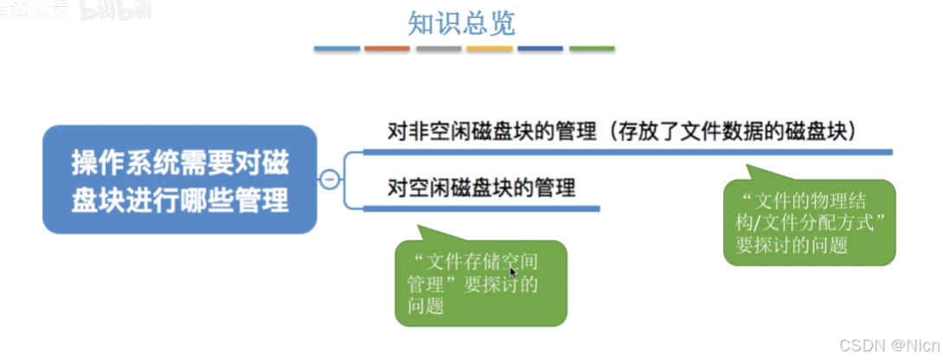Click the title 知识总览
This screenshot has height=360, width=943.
(x=465, y=23)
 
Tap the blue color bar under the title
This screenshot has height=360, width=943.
(x=337, y=48)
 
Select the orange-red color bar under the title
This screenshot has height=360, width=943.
(x=388, y=48)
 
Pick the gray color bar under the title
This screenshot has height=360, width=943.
(x=439, y=48)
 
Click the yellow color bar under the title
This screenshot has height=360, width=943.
(x=490, y=48)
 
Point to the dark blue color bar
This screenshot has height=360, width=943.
(x=541, y=48)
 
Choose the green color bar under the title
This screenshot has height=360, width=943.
(x=592, y=48)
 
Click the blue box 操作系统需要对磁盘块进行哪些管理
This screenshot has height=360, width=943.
(x=180, y=179)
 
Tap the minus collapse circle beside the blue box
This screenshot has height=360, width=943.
(x=329, y=180)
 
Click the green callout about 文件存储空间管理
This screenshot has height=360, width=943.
(x=480, y=283)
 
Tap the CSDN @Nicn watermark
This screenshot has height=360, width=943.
(x=893, y=345)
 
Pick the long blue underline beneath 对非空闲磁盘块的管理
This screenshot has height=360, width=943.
(x=627, y=151)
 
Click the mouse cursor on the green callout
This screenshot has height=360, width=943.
(x=513, y=273)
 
